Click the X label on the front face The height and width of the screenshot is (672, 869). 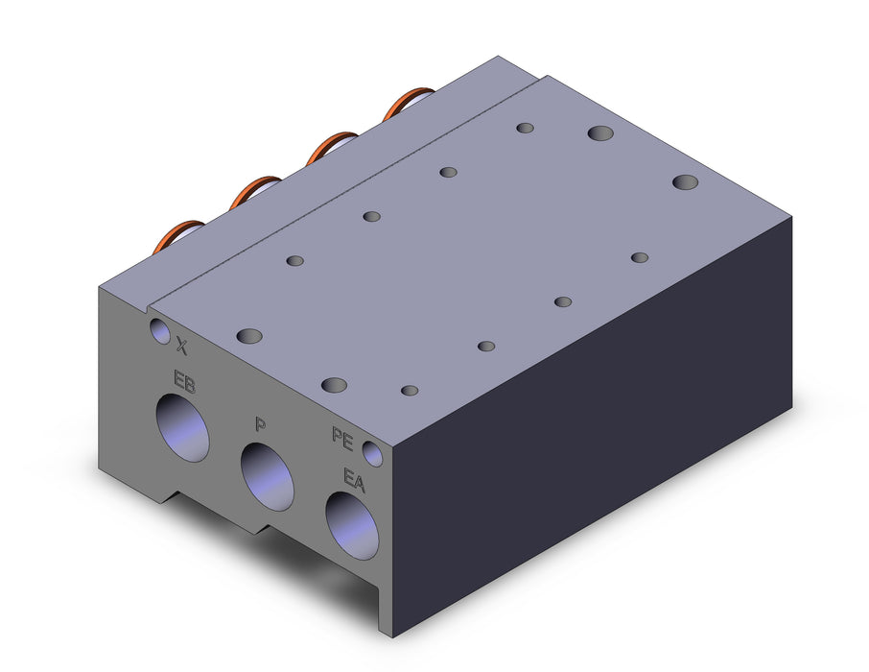click(x=182, y=347)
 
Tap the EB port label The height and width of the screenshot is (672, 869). click(x=184, y=381)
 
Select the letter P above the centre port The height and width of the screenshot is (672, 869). click(x=260, y=425)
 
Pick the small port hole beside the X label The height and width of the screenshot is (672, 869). click(x=160, y=331)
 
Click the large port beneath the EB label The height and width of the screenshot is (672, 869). click(x=182, y=428)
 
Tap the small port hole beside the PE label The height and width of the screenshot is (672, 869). click(x=373, y=453)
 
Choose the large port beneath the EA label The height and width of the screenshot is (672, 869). click(x=352, y=526)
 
